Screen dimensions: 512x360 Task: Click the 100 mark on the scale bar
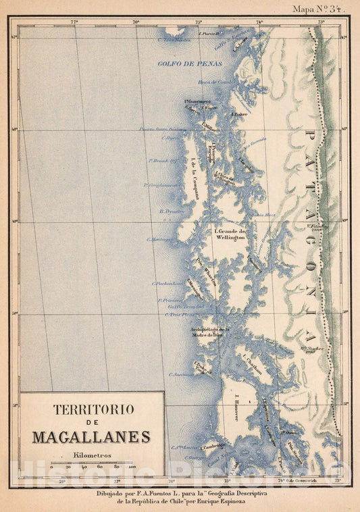pyautogui.click(x=132, y=467)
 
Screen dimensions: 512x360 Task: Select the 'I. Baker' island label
pyautogui.click(x=237, y=114)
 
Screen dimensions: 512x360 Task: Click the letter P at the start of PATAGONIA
pyautogui.click(x=311, y=132)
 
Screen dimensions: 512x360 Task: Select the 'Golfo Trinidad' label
pyautogui.click(x=185, y=306)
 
